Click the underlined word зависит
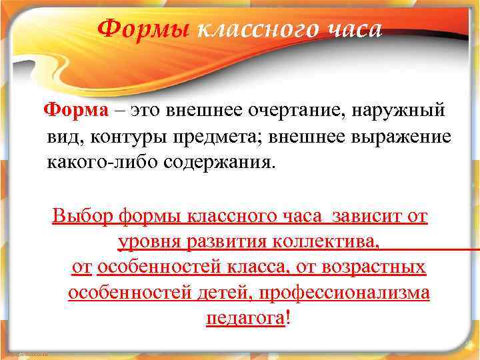point(371,217)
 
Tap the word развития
point(215,241)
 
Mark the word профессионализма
point(345,293)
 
